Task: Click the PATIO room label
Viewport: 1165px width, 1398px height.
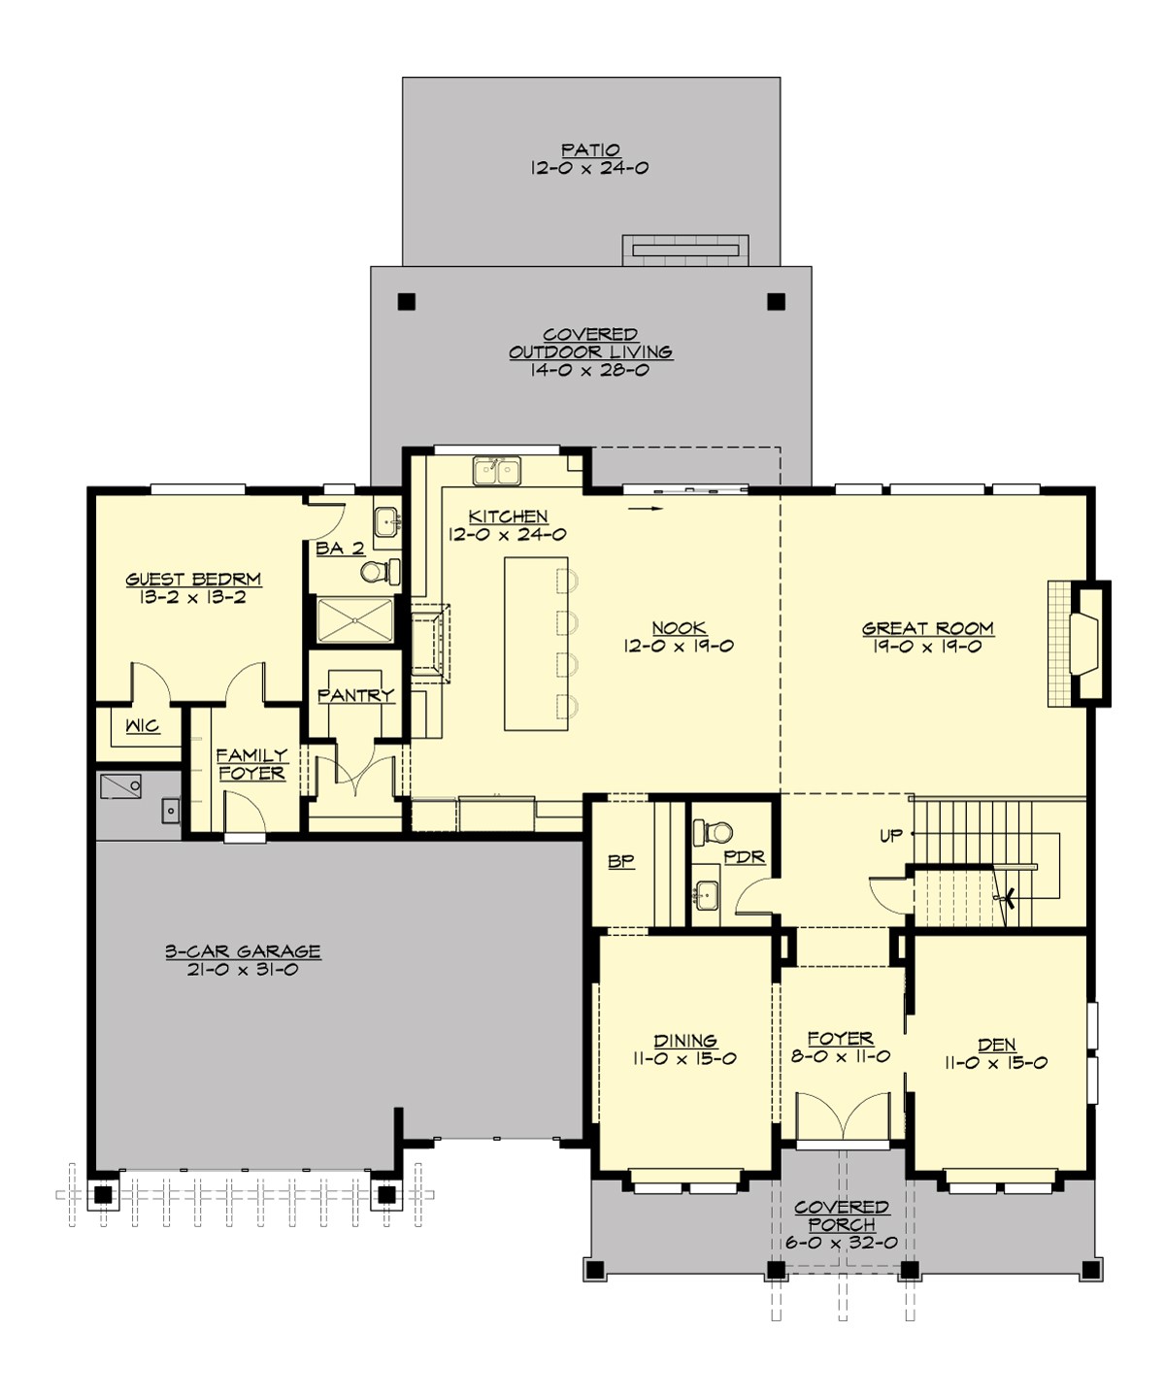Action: click(x=590, y=150)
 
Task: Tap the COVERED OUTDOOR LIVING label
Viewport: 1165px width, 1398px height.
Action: click(x=590, y=344)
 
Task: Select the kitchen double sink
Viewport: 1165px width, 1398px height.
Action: click(x=496, y=471)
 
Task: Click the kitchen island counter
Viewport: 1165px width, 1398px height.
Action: click(x=535, y=643)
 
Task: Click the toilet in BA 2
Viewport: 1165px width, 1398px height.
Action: click(x=376, y=571)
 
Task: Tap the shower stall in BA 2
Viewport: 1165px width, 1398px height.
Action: click(x=355, y=620)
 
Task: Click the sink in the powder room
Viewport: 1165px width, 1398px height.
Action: click(x=706, y=893)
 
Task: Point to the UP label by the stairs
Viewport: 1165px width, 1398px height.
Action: click(x=890, y=836)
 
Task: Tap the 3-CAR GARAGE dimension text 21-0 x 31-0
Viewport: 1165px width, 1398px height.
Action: click(x=243, y=970)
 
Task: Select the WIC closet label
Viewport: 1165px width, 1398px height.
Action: click(x=143, y=726)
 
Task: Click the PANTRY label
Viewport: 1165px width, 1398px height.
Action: click(x=355, y=695)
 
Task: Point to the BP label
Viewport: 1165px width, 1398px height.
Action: click(x=621, y=861)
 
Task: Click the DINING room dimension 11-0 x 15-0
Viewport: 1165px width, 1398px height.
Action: click(x=684, y=1059)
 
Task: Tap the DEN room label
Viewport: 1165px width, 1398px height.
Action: click(x=997, y=1045)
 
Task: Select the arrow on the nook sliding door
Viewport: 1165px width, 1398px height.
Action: click(x=646, y=508)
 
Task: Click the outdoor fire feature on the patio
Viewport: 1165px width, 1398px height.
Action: click(x=684, y=250)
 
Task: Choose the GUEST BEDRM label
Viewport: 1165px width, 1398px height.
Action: click(x=193, y=580)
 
